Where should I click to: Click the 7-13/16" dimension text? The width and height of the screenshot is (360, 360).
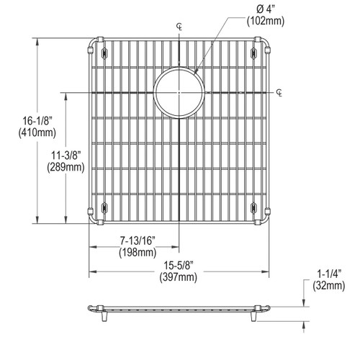(x=137, y=241)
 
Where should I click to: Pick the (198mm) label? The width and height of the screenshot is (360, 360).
(x=137, y=253)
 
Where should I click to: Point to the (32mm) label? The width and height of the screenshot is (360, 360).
(x=329, y=285)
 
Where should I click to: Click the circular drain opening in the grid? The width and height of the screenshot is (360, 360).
(x=174, y=93)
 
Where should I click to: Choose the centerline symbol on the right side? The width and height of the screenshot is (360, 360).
(x=279, y=93)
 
